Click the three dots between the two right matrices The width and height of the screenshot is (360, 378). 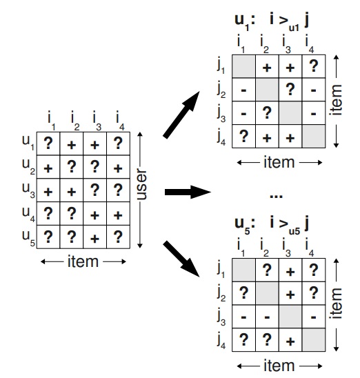coord(277,196)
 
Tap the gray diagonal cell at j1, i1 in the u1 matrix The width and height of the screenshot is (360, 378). coord(243,68)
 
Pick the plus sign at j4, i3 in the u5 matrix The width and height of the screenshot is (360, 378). coord(288,341)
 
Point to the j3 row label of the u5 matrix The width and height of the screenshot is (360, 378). coord(220,319)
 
